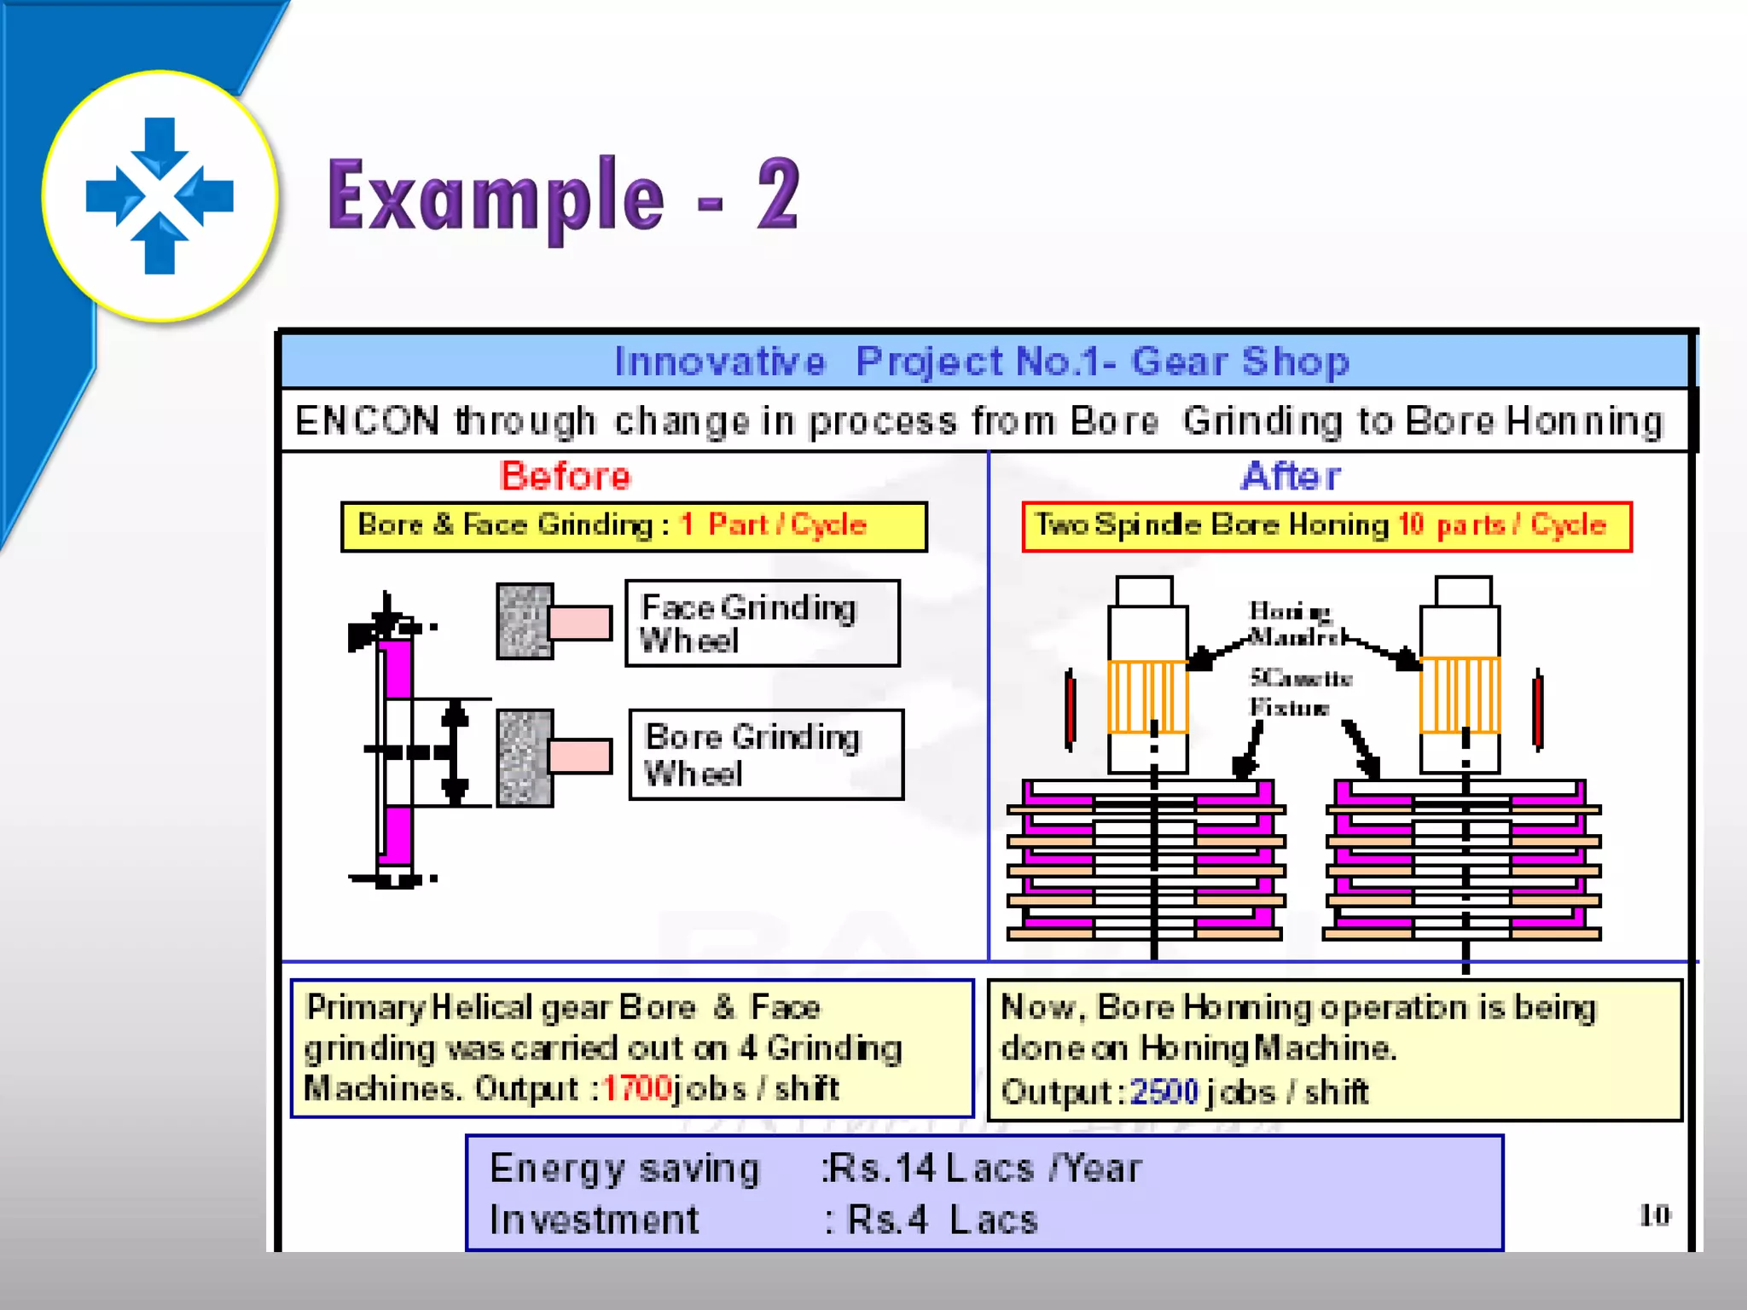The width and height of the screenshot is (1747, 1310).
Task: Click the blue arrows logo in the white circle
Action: point(160,195)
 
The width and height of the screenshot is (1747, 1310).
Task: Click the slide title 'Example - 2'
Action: point(563,197)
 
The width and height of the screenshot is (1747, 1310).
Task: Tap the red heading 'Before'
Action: point(566,476)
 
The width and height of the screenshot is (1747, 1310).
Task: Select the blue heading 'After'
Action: point(1291,476)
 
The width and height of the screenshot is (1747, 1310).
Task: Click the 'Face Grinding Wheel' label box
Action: point(762,623)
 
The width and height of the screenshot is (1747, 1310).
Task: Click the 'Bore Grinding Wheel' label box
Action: point(765,755)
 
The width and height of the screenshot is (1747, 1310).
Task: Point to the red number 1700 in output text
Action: point(636,1088)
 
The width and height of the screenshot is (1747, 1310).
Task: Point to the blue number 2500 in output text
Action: point(1164,1092)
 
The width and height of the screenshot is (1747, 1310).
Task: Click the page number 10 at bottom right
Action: point(1654,1214)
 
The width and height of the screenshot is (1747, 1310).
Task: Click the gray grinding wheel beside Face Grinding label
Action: point(525,621)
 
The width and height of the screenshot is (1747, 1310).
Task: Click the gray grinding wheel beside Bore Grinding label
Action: point(525,757)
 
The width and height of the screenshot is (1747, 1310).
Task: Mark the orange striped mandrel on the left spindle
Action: point(1147,697)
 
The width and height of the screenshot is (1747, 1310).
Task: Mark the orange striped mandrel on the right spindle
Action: point(1460,695)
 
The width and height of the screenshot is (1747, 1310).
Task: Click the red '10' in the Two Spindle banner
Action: point(1411,525)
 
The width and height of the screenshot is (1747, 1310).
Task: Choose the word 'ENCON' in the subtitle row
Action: point(367,421)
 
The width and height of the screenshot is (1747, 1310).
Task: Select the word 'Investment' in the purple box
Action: point(594,1220)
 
